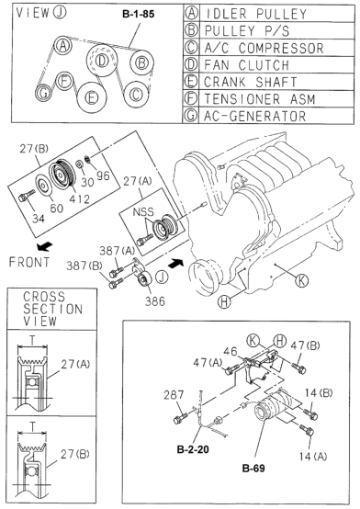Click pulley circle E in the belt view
tap(92, 97)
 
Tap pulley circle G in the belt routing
tap(43, 93)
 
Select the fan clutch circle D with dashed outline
tap(102, 61)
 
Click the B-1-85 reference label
tap(139, 15)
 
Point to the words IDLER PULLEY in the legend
tap(256, 14)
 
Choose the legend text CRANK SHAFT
tap(251, 82)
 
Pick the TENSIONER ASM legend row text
tap(260, 99)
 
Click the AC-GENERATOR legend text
tap(254, 116)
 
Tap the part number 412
tap(80, 198)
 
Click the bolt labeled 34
tap(27, 196)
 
